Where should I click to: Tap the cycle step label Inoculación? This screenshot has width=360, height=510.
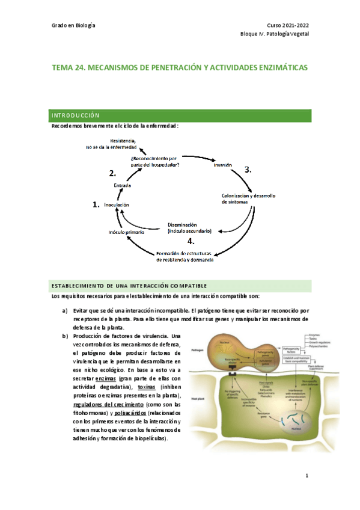click(x=117, y=205)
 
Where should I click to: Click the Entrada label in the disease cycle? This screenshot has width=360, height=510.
click(x=123, y=185)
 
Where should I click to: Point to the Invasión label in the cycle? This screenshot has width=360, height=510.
click(x=222, y=164)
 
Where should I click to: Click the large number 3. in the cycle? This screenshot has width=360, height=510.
click(x=248, y=170)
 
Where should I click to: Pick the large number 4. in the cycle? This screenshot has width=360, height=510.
click(x=191, y=241)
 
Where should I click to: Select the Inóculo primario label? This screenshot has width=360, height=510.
click(x=126, y=232)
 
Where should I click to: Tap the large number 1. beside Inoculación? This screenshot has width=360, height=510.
click(x=96, y=205)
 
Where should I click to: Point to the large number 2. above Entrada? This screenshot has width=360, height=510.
click(x=112, y=173)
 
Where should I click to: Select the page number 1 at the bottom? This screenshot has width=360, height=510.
click(x=307, y=477)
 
